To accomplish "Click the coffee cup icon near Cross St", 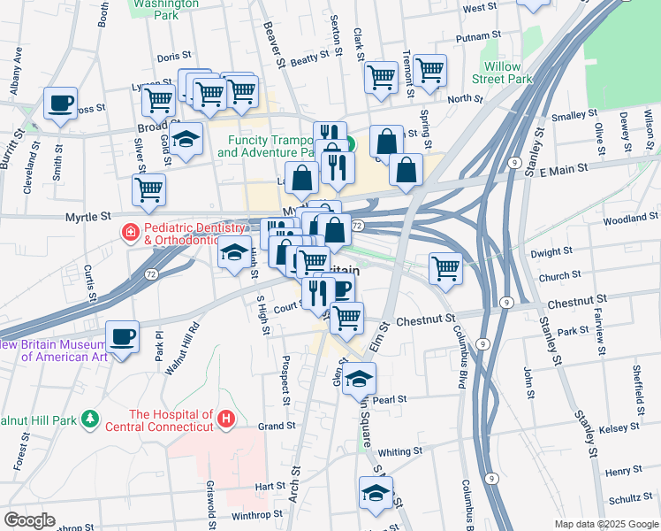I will click(x=60, y=104).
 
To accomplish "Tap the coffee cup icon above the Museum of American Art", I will click(x=122, y=337).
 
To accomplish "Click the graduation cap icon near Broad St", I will click(x=186, y=139).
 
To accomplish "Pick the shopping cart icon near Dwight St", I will click(x=446, y=268).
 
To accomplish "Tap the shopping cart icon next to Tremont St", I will click(x=429, y=71).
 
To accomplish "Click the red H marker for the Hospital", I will click(x=227, y=416).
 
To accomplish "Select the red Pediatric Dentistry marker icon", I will click(x=130, y=233).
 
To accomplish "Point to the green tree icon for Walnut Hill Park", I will click(x=89, y=417).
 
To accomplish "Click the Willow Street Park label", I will click(x=508, y=73).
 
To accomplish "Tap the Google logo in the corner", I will click(x=29, y=520).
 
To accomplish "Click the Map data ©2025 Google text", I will click(x=605, y=524).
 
